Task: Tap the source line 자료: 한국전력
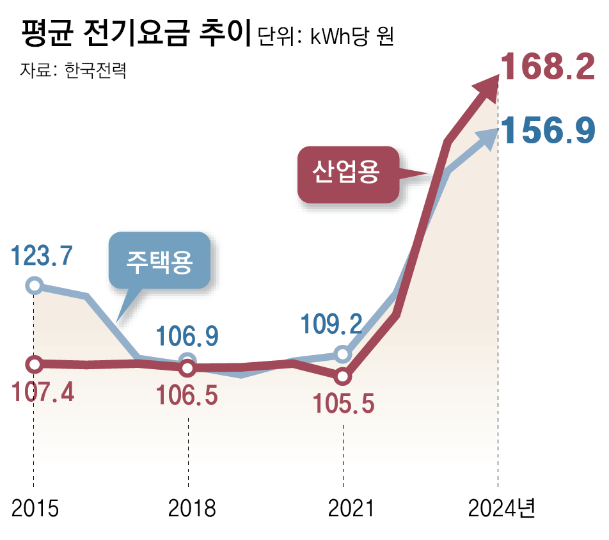click(x=73, y=69)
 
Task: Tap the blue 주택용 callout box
click(x=159, y=260)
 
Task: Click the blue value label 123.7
click(x=42, y=257)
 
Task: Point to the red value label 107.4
click(x=42, y=391)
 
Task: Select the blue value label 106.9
click(x=188, y=335)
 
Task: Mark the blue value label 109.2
click(x=332, y=324)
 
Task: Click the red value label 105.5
click(x=342, y=403)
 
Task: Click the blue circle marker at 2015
click(x=35, y=285)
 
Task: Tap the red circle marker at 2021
click(x=344, y=376)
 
